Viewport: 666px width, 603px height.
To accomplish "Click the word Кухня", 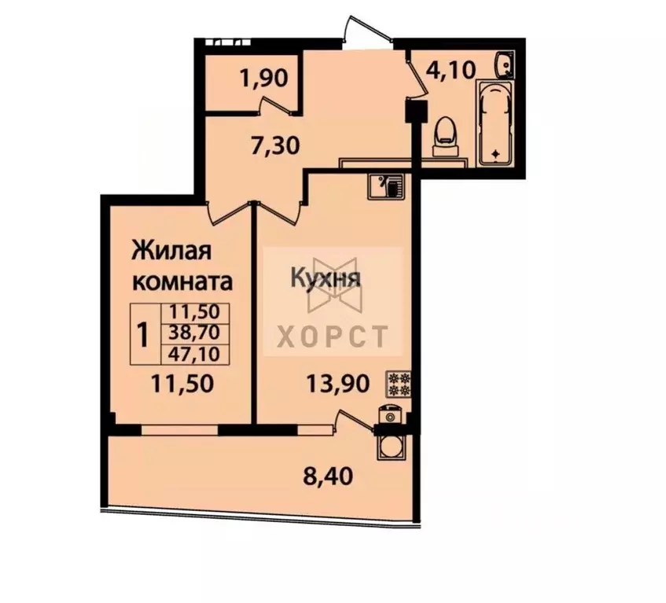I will (326, 278).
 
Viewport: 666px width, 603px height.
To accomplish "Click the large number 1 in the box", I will (143, 335).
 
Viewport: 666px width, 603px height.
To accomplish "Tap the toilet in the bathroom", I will (445, 135).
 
